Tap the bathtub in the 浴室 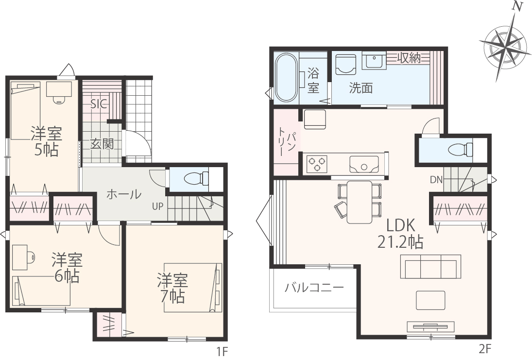pos(286,77)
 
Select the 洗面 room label pos(361,88)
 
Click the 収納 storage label pos(409,58)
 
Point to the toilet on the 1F pos(196,178)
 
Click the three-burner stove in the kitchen pos(317,164)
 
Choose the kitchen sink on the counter pos(364,164)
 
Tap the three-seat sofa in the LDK pos(430,266)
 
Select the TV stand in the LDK pos(430,327)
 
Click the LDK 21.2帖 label pos(400,234)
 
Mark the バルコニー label pos(314,288)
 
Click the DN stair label pos(436,180)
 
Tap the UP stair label pos(157,206)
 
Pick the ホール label pos(124,194)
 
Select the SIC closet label pos(99,104)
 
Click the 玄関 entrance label pos(102,144)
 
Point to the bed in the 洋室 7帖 pos(193,287)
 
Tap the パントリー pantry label pos(286,142)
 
